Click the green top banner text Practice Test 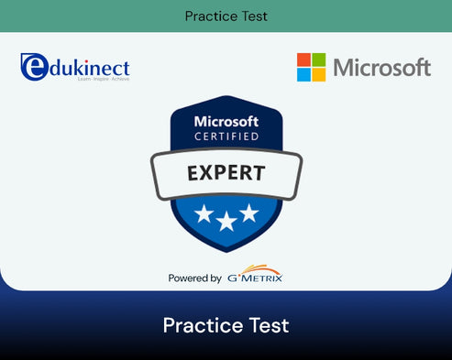tap(226, 16)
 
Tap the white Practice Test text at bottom tap(226, 325)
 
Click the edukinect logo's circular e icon tap(33, 66)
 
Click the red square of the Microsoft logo tap(303, 60)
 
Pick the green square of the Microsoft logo tap(317, 60)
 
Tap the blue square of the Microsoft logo tap(303, 74)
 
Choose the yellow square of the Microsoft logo tap(317, 74)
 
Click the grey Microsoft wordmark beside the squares tap(381, 68)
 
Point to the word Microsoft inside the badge tap(226, 122)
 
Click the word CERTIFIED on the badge tap(226, 136)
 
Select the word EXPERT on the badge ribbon tap(226, 171)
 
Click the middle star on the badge tap(226, 220)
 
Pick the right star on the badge tap(249, 213)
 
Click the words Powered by tap(194, 278)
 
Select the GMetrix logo tap(255, 278)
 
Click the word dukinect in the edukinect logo tap(88, 68)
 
